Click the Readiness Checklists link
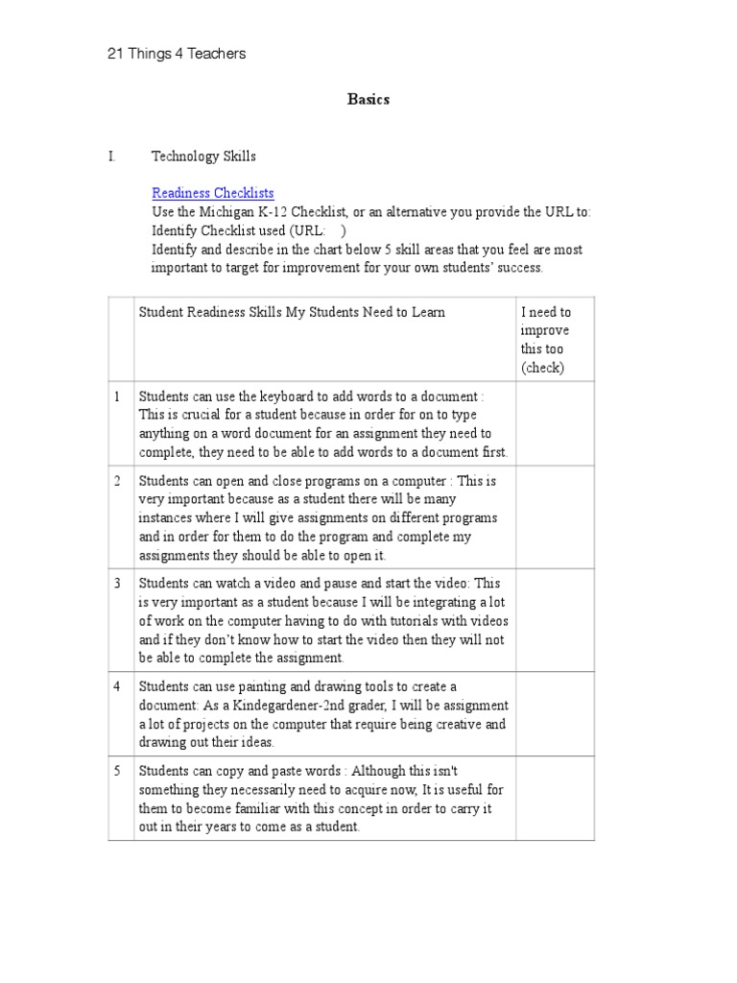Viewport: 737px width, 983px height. [212, 193]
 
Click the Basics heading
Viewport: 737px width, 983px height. [368, 100]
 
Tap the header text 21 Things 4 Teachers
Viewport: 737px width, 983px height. [176, 54]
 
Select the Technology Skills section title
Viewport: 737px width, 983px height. [203, 156]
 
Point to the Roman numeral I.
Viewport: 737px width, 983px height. [112, 156]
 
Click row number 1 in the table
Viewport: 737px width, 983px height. [118, 396]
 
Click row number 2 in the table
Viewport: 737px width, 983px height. [118, 481]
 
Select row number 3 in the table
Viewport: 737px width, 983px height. [118, 584]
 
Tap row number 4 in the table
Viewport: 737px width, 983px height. [118, 686]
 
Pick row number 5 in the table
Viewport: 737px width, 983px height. [118, 771]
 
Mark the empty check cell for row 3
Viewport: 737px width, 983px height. [555, 620]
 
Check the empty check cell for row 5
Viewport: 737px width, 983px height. [555, 799]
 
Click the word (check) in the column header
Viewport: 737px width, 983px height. [542, 368]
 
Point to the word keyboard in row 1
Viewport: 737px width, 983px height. [265, 396]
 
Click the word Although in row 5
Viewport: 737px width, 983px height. [359, 771]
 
